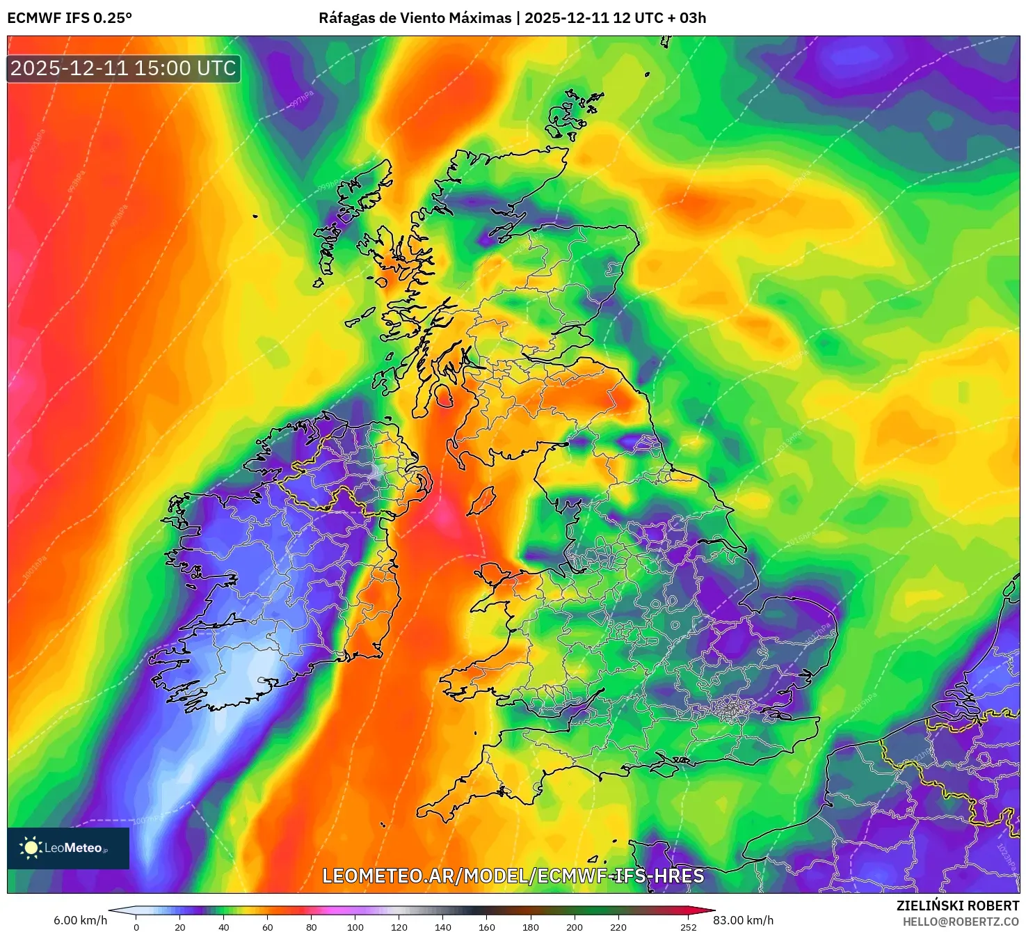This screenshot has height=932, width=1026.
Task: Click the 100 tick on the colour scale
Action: click(x=355, y=926)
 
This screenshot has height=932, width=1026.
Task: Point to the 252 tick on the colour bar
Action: click(x=688, y=926)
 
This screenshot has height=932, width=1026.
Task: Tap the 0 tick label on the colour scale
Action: click(x=136, y=926)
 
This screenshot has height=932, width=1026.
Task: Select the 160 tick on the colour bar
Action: click(x=487, y=926)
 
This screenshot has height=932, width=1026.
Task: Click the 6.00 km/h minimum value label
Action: click(x=80, y=920)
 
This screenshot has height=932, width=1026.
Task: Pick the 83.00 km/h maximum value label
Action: click(x=743, y=920)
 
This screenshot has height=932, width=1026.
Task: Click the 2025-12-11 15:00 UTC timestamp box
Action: click(x=124, y=68)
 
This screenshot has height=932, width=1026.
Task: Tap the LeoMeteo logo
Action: click(x=68, y=848)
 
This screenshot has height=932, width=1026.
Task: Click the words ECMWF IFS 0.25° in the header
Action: click(x=70, y=18)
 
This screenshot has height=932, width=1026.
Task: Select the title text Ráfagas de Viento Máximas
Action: click(x=415, y=18)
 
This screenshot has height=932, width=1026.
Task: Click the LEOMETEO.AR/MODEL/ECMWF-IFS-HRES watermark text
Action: click(x=513, y=876)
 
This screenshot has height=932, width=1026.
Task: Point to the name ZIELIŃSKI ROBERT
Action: click(x=958, y=906)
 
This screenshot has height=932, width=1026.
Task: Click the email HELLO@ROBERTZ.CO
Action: click(x=961, y=922)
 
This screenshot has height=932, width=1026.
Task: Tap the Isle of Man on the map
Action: click(x=481, y=501)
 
